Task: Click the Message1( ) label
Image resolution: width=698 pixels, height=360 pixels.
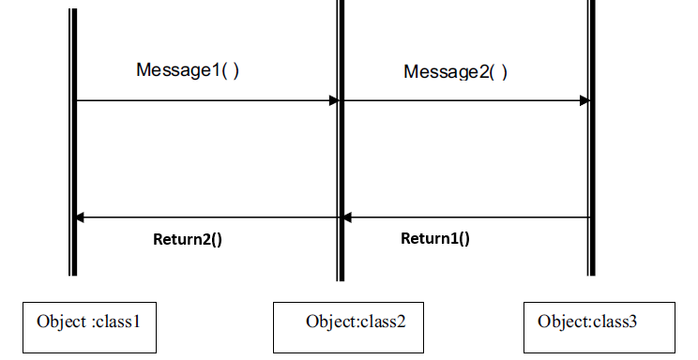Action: pyautogui.click(x=188, y=69)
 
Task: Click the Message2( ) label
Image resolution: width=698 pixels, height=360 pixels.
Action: pyautogui.click(x=455, y=71)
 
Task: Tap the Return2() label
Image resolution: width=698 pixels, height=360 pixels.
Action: pyautogui.click(x=188, y=238)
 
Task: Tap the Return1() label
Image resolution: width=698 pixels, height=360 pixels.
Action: pyautogui.click(x=435, y=238)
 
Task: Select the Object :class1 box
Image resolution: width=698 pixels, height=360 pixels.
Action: pyautogui.click(x=88, y=328)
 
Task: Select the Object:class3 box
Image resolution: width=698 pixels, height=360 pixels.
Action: pyautogui.click(x=598, y=327)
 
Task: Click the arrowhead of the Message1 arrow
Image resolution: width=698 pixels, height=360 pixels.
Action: pyautogui.click(x=333, y=100)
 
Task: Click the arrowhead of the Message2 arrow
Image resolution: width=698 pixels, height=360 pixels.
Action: pyautogui.click(x=584, y=100)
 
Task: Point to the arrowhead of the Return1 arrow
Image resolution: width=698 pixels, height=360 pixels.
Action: pyautogui.click(x=346, y=217)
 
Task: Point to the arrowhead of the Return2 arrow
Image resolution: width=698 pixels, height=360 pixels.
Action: pyautogui.click(x=80, y=217)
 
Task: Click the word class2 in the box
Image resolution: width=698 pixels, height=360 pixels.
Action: pyautogui.click(x=384, y=322)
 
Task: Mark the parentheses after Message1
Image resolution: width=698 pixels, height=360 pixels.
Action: pyautogui.click(x=230, y=69)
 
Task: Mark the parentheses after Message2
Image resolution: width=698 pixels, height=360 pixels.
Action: pyautogui.click(x=498, y=71)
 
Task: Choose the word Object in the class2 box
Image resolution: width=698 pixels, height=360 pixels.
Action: pyautogui.click(x=327, y=322)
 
